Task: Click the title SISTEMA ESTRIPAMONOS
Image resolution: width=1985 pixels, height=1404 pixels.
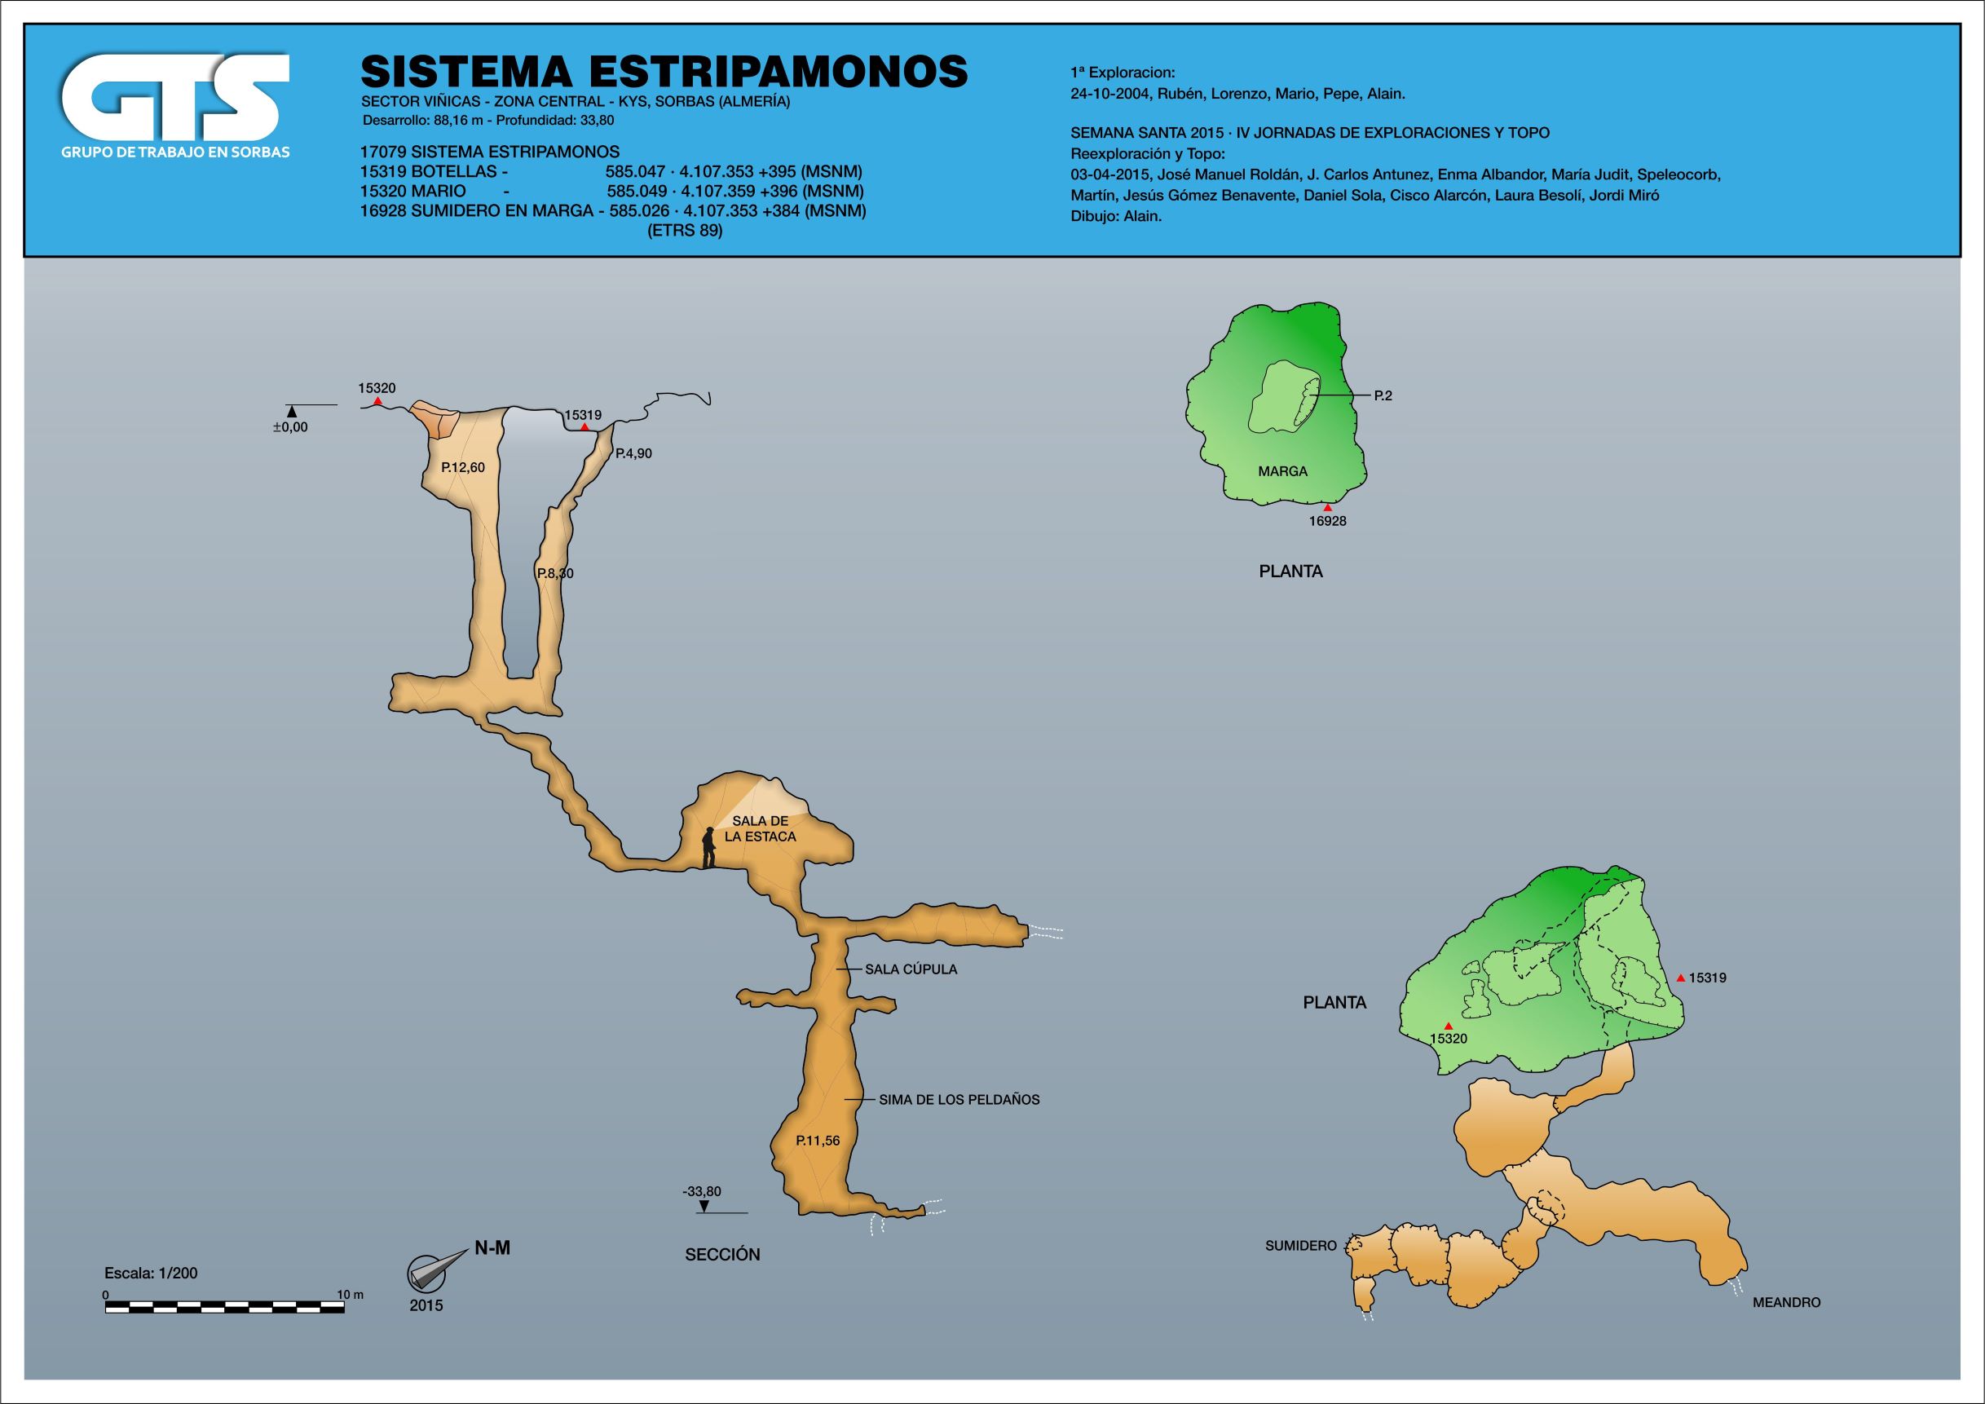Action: (x=663, y=71)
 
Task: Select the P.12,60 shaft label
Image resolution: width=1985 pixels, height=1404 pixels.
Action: (x=462, y=468)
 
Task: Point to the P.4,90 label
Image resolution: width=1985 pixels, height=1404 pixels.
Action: (x=633, y=453)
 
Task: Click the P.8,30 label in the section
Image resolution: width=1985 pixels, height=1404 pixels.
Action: (x=555, y=573)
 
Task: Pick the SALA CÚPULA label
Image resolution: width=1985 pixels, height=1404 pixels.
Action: (x=911, y=969)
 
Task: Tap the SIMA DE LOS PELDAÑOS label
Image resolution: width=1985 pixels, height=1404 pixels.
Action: (x=959, y=1100)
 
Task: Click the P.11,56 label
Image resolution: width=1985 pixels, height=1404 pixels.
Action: (x=818, y=1141)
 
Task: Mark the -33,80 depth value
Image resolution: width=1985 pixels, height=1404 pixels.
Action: (x=701, y=1191)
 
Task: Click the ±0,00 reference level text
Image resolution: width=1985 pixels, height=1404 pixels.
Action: (x=290, y=427)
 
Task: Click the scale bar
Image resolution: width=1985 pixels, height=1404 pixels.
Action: (x=225, y=1307)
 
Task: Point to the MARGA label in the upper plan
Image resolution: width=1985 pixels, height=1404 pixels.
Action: (x=1282, y=471)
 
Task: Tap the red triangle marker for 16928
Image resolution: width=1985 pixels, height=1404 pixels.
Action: (x=1328, y=507)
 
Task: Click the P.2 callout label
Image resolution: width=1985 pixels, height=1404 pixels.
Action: (x=1383, y=396)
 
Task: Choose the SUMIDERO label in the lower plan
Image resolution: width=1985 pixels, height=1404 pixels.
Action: (x=1300, y=1246)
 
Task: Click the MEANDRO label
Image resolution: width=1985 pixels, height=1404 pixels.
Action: (x=1786, y=1302)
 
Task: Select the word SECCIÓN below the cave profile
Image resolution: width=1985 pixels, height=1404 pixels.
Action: (x=722, y=1255)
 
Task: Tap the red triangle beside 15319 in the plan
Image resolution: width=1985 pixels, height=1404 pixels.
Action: (x=1680, y=978)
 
